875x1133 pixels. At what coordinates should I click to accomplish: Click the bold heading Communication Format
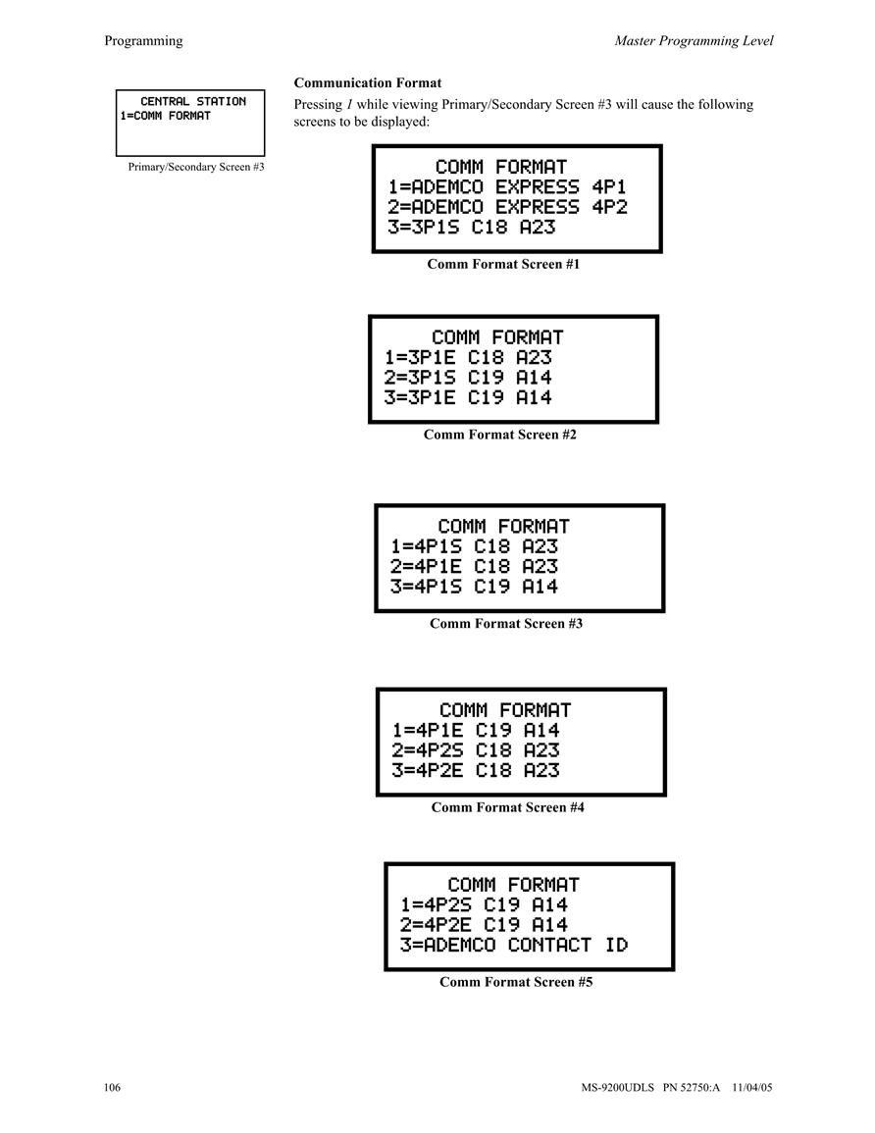367,83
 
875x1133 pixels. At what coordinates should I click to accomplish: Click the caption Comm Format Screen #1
503,265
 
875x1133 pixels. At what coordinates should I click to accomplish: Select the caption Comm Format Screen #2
500,435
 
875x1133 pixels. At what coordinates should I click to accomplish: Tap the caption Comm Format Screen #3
506,624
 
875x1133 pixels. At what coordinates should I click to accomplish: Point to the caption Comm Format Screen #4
507,808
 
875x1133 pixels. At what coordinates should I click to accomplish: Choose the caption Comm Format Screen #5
516,983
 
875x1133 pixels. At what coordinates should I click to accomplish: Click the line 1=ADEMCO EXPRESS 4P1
507,187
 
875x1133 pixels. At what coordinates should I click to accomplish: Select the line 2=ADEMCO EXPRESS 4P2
507,207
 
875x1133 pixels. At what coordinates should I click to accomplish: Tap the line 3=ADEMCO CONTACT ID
514,945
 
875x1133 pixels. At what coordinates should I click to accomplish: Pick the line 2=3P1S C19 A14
468,378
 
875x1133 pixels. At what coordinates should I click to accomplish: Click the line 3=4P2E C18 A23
476,771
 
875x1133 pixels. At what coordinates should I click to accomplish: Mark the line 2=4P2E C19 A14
484,925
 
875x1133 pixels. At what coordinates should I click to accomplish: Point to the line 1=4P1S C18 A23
474,547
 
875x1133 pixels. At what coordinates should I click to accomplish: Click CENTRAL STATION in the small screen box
193,102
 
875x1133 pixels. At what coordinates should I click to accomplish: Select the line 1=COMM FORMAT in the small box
166,116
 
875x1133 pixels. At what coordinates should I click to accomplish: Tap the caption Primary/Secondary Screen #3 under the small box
196,167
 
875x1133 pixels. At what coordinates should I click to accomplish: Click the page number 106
112,1088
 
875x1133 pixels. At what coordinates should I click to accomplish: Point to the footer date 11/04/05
752,1088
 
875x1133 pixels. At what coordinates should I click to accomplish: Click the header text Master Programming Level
694,41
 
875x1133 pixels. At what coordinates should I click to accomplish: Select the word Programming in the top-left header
143,41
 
